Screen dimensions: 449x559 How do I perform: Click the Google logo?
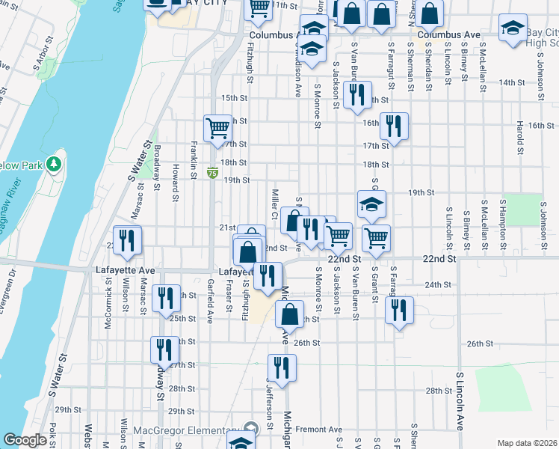[25, 440]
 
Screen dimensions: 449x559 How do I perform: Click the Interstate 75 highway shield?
[213, 173]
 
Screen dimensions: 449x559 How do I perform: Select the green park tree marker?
[53, 162]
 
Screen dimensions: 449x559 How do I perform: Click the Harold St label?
[518, 135]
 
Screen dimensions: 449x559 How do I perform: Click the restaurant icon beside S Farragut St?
[400, 309]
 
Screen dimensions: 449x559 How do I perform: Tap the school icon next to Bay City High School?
[513, 31]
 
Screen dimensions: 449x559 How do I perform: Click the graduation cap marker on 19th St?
[371, 204]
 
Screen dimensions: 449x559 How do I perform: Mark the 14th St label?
[512, 82]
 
